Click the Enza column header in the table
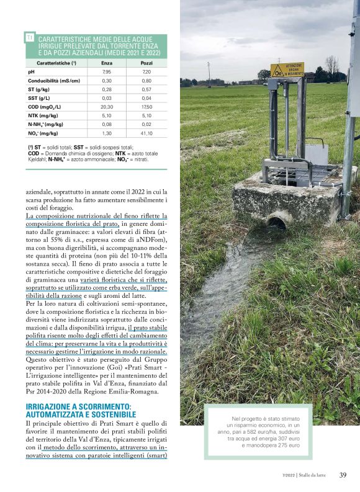pos(107,63)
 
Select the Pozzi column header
pos(146,63)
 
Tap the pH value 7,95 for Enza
pos(107,72)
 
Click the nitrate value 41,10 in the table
pos(146,133)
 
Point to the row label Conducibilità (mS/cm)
pos(54,81)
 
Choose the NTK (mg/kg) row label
pos(43,115)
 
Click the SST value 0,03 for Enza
pos(107,98)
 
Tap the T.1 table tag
pos(30,38)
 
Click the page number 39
pos(343,475)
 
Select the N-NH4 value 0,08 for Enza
pos(107,124)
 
